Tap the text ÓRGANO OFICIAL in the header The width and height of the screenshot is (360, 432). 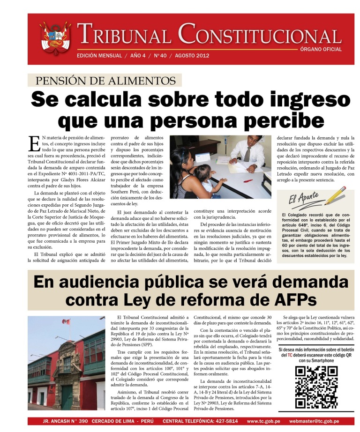point(321,49)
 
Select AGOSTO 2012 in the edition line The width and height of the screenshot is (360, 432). point(192,56)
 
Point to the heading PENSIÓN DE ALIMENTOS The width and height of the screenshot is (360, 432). point(105,81)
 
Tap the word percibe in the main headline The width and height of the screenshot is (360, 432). point(271,121)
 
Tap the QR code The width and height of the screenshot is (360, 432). point(316,386)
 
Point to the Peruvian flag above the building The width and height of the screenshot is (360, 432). point(66,322)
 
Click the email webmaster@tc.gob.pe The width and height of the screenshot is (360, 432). point(320,421)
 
